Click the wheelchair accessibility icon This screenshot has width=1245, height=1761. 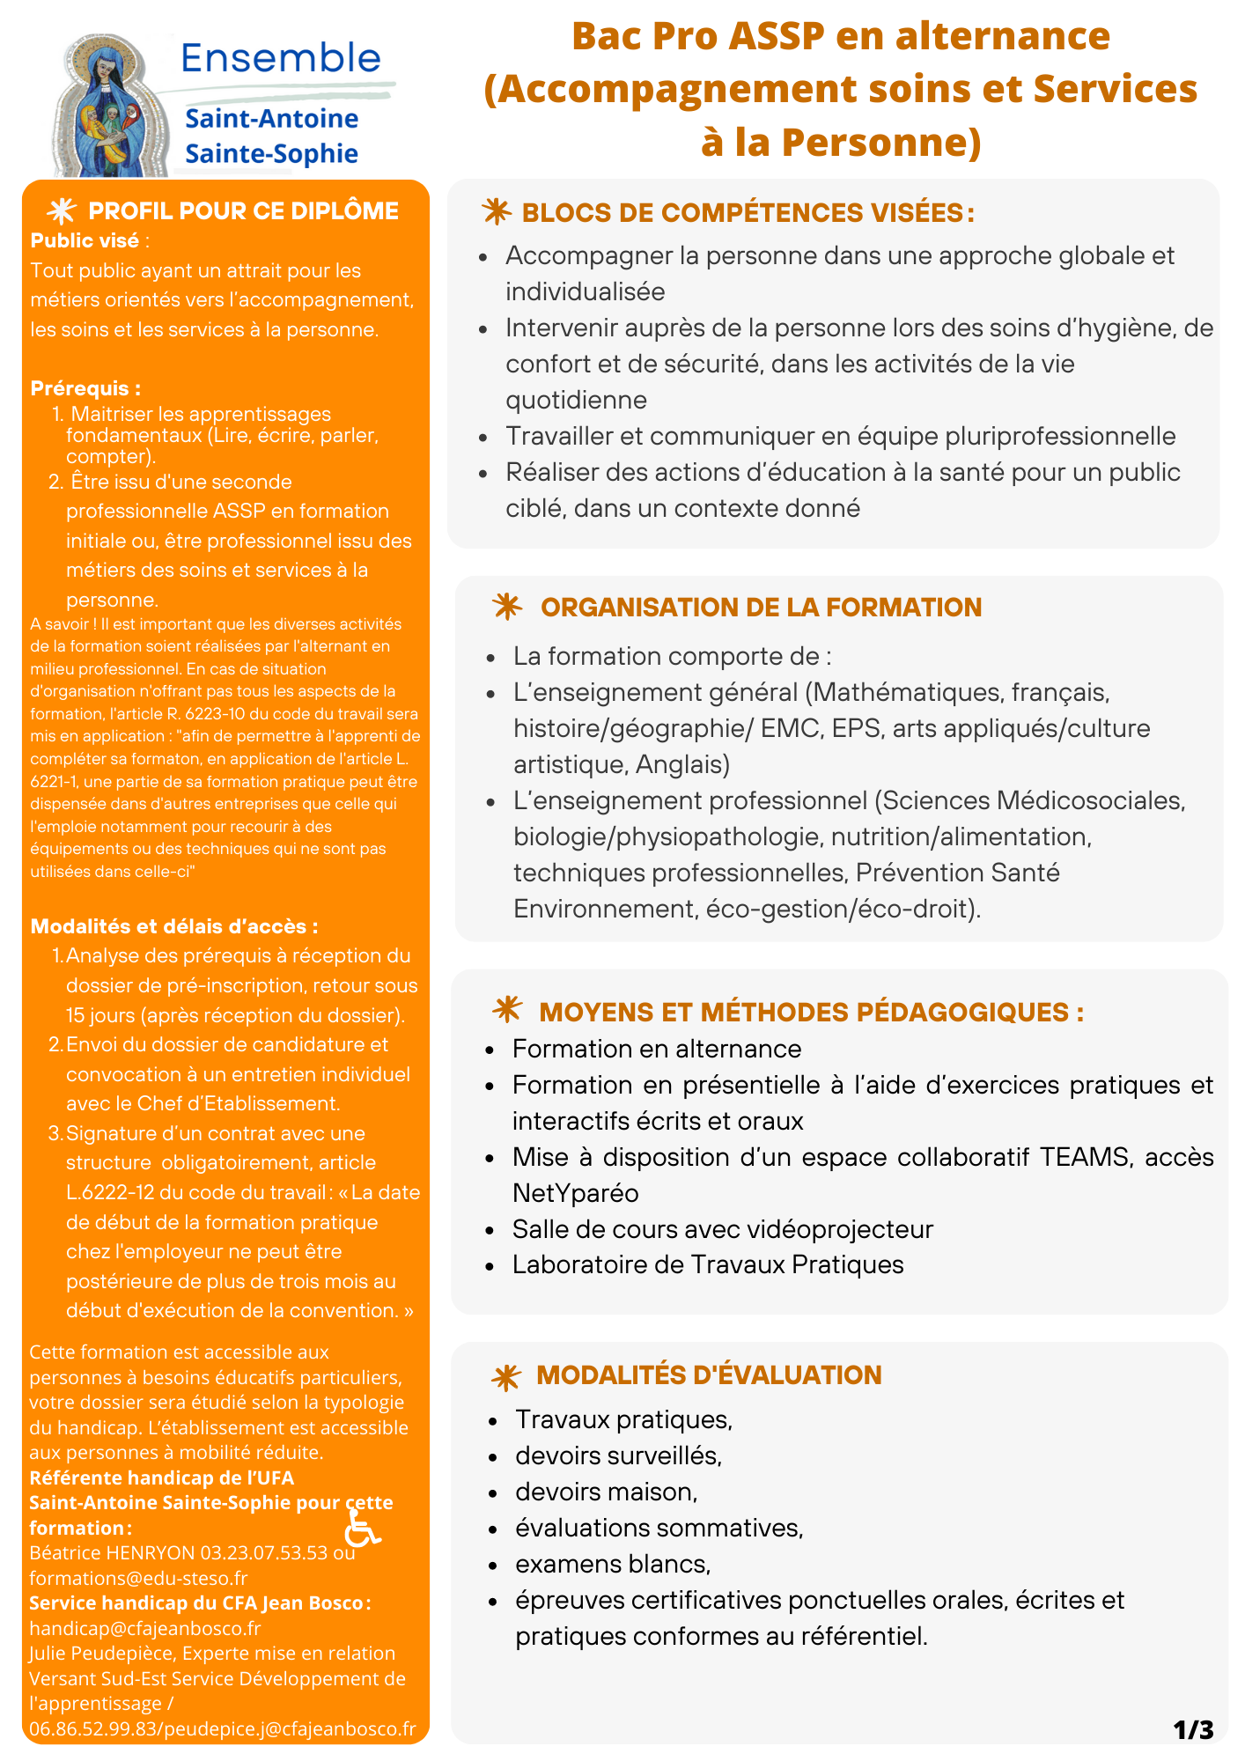tap(361, 1528)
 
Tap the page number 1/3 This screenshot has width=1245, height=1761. tap(1193, 1730)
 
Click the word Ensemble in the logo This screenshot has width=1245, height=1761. tap(281, 58)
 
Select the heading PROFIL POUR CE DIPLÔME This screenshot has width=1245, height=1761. tap(243, 211)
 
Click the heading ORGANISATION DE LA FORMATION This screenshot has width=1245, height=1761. tap(761, 608)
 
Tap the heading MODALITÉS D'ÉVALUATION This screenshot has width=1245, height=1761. tap(709, 1375)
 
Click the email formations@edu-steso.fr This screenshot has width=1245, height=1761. tap(138, 1578)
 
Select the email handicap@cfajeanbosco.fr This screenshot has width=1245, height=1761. tap(145, 1628)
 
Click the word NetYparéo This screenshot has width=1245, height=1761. tap(576, 1193)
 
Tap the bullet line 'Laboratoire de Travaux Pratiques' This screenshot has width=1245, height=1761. tap(708, 1265)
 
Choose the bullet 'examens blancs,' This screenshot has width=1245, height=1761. tap(613, 1564)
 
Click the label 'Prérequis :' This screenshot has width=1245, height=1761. tap(85, 388)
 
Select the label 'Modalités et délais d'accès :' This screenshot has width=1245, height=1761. tap(174, 926)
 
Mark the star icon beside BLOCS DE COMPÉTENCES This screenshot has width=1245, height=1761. tap(497, 212)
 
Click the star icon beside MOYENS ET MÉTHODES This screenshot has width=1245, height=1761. tap(508, 1010)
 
